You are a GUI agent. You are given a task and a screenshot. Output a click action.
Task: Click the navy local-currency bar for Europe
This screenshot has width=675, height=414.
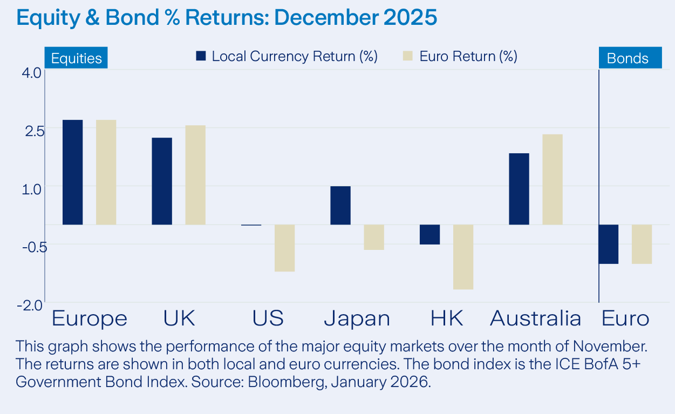pyautogui.click(x=73, y=172)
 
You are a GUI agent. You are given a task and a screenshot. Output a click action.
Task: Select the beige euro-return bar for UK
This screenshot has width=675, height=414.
pyautogui.click(x=195, y=175)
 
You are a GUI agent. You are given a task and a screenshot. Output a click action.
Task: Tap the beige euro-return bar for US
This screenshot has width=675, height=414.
pyautogui.click(x=284, y=248)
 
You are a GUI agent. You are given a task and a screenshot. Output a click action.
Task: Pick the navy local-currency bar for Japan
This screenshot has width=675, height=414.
pyautogui.click(x=340, y=205)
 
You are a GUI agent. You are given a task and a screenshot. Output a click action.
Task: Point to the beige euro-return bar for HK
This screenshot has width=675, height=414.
pyautogui.click(x=463, y=257)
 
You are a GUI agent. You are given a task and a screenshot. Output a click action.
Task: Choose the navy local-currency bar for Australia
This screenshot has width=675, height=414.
pyautogui.click(x=519, y=189)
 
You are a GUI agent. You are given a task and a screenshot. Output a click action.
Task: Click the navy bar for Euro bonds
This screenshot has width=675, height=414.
pyautogui.click(x=609, y=244)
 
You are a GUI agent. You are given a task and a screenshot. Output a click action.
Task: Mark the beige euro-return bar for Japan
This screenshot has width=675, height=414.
pyautogui.click(x=374, y=237)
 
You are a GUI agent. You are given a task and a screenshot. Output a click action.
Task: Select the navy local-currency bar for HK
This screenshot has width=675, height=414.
pyautogui.click(x=430, y=234)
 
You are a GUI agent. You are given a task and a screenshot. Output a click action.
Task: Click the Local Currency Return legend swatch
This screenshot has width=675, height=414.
pyautogui.click(x=201, y=56)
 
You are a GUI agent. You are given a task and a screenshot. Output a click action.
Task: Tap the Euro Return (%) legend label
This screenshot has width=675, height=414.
pyautogui.click(x=468, y=56)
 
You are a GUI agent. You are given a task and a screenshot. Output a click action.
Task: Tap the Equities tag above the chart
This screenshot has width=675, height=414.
pyautogui.click(x=76, y=58)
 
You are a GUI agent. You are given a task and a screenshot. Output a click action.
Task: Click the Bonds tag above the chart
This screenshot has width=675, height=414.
pyautogui.click(x=628, y=58)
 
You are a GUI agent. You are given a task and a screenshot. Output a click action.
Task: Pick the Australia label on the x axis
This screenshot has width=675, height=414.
pyautogui.click(x=535, y=318)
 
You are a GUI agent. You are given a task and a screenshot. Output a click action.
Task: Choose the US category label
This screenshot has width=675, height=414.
pyautogui.click(x=268, y=318)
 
